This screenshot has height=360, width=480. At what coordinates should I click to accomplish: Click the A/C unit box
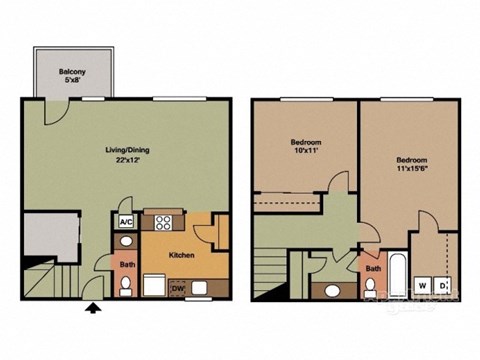pos(127,222)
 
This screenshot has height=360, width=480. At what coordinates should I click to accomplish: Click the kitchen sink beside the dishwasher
pos(202,290)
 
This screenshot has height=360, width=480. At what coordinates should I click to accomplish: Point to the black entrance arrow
pos(95,309)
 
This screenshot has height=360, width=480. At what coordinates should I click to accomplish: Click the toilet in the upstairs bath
pos(374,291)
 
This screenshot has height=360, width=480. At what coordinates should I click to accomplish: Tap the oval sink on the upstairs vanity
pos(331,291)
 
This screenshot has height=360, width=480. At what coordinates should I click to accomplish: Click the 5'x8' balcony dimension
pos(70,81)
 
